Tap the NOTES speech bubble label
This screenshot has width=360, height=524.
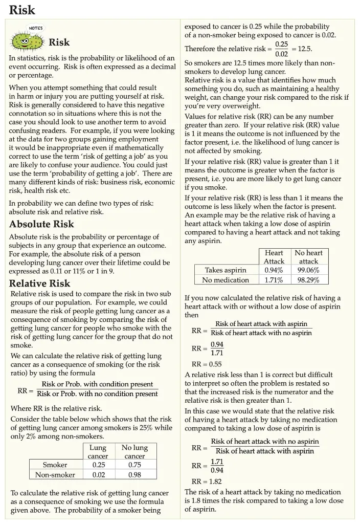(36, 28)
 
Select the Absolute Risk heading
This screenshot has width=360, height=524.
(41, 224)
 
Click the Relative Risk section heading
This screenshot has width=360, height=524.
(39, 283)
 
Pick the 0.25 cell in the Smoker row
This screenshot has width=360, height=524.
(98, 465)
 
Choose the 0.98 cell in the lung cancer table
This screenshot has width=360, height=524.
(134, 474)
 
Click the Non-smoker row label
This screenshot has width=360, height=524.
(55, 474)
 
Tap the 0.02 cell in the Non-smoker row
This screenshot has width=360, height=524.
(98, 474)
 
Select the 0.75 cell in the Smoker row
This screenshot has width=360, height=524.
(134, 465)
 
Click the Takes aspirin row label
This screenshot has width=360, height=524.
(226, 270)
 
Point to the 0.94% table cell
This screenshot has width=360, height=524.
(274, 270)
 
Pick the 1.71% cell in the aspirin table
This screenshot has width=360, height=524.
(274, 279)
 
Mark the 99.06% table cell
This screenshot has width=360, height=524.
(308, 270)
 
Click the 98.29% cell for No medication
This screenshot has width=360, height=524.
(308, 279)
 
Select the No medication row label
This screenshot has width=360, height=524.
(226, 279)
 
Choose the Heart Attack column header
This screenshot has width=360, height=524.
(274, 256)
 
